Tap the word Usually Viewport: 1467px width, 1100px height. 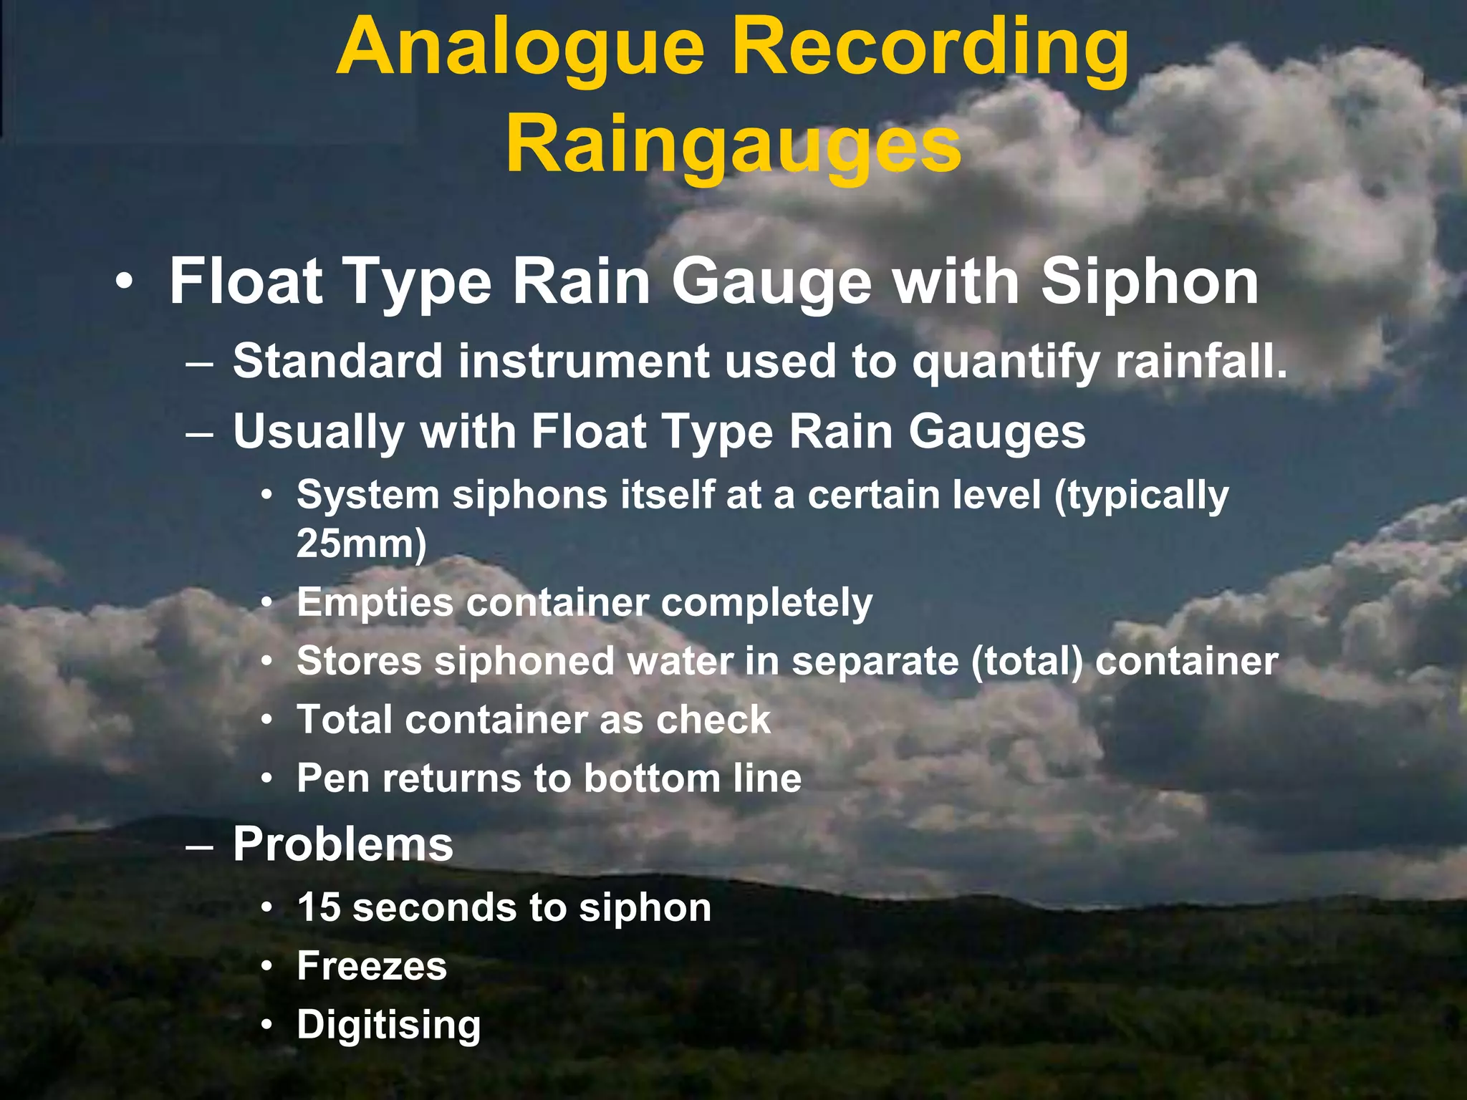tap(319, 433)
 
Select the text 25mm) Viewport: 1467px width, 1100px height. tap(361, 544)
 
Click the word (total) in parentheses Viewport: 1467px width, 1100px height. tap(1027, 661)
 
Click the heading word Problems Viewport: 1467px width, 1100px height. tap(343, 844)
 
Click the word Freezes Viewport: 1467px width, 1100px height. tap(372, 965)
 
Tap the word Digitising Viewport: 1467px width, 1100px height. tap(388, 1025)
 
